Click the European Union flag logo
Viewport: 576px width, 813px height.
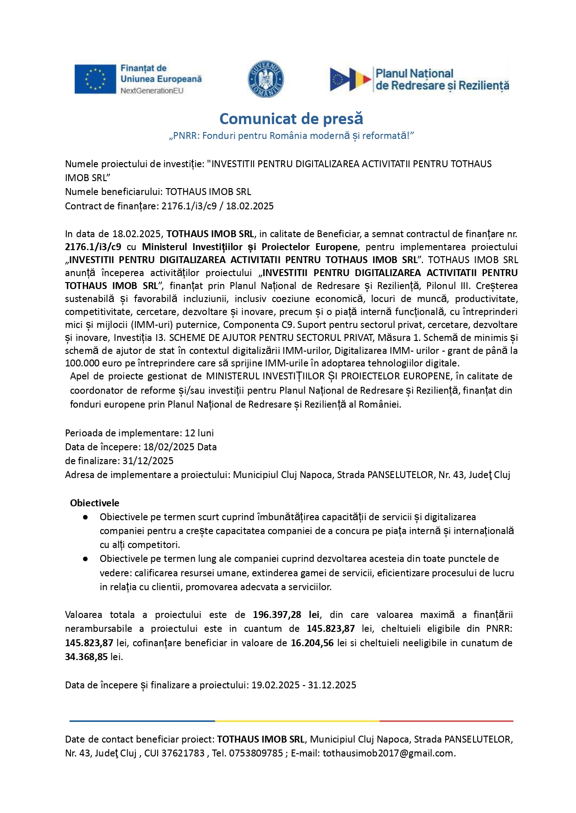95,79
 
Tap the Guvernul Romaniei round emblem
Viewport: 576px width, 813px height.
265,79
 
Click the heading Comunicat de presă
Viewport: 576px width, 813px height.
291,119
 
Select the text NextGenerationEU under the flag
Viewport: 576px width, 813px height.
152,91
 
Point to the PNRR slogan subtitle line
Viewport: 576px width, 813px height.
291,136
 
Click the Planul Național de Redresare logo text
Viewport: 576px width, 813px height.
442,80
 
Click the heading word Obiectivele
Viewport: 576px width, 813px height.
95,503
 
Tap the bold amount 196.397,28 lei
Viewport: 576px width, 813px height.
286,615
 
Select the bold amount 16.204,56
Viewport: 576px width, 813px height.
312,643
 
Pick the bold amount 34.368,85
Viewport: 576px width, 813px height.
86,657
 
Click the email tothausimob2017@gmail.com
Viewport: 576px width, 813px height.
389,753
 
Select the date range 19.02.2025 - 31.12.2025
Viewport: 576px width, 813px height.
304,685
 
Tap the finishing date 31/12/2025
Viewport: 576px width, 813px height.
148,461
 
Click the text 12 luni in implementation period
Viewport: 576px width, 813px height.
199,433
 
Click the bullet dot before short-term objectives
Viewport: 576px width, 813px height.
86,517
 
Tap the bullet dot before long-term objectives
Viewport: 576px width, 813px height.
86,559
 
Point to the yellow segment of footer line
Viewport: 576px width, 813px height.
297,721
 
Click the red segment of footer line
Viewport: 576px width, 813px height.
446,721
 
